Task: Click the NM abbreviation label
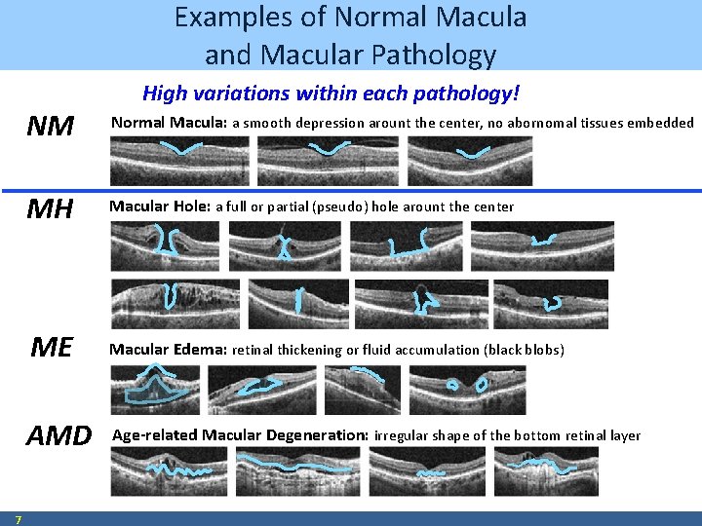click(x=51, y=126)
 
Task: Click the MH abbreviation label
click(x=50, y=209)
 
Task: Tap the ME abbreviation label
click(x=51, y=347)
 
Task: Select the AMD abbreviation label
click(x=58, y=435)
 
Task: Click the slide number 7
click(x=19, y=519)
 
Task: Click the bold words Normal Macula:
click(x=169, y=123)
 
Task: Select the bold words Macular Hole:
click(x=160, y=207)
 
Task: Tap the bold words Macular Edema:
click(x=168, y=349)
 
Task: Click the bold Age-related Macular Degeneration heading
click(x=241, y=435)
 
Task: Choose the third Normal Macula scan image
click(x=470, y=160)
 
